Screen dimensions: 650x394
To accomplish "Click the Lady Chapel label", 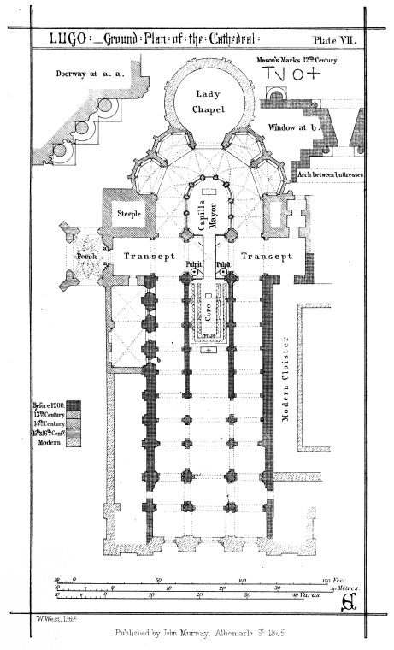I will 208,100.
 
